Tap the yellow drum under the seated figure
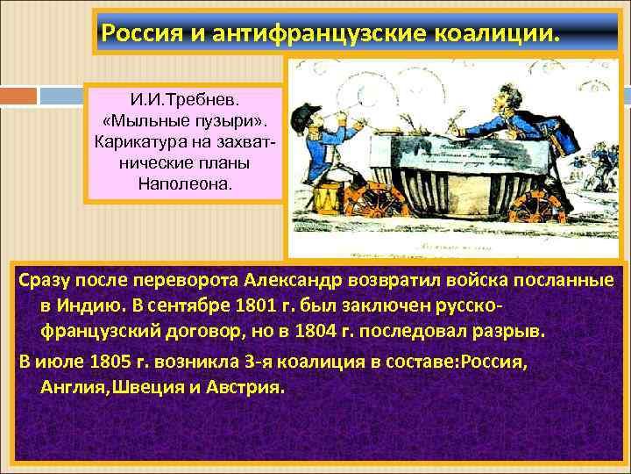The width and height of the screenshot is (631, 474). pos(325,198)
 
